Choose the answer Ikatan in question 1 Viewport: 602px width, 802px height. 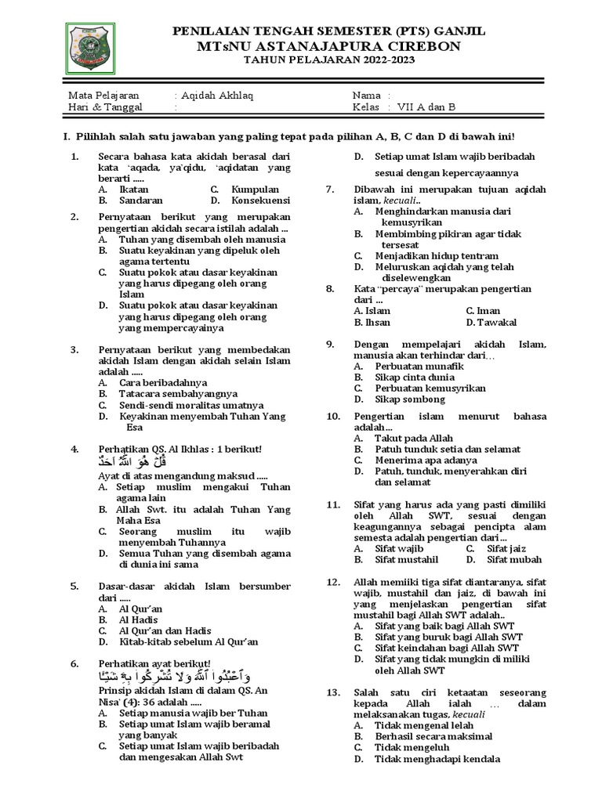(132, 189)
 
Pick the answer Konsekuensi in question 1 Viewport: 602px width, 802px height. (260, 200)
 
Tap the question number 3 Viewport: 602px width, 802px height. (74, 349)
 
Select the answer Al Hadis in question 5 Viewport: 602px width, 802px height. (140, 620)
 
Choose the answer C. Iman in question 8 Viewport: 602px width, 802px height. (483, 311)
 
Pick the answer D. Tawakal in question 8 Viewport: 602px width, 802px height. (491, 322)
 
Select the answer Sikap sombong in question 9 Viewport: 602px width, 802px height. (412, 399)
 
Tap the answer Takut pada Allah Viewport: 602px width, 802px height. (413, 439)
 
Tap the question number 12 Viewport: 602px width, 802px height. (333, 582)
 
